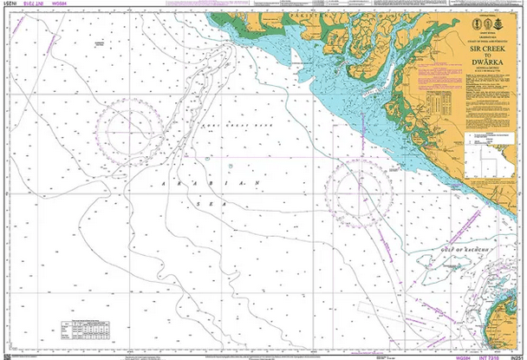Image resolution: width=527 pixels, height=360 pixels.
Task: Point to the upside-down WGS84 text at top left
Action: (x=62, y=6)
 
